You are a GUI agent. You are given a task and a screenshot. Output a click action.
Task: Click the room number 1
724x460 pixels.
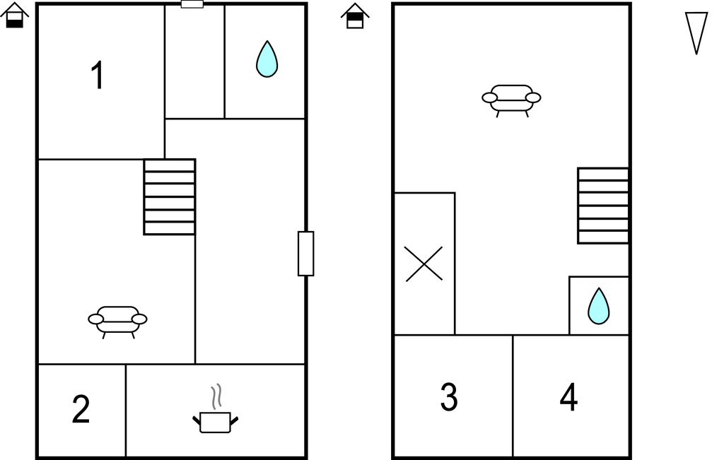click(98, 75)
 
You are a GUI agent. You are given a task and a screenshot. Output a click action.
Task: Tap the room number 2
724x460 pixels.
click(81, 409)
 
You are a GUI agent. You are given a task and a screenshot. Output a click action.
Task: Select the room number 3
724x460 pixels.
click(449, 397)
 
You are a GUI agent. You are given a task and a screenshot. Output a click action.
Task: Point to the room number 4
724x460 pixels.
click(568, 397)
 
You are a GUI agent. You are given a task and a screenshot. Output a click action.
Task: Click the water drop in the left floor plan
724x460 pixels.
click(267, 59)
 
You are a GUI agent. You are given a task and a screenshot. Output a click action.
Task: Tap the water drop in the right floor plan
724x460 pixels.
click(598, 306)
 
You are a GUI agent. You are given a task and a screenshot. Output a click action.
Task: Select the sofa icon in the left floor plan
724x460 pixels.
click(118, 322)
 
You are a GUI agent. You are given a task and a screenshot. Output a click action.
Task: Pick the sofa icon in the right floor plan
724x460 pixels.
click(511, 100)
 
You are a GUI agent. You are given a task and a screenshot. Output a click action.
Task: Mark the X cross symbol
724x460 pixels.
click(424, 264)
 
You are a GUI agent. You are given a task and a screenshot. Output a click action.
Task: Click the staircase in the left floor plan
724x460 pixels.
click(170, 197)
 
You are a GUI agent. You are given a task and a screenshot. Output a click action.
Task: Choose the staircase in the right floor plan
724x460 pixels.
click(603, 206)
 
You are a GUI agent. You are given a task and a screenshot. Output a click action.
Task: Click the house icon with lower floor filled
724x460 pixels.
click(14, 16)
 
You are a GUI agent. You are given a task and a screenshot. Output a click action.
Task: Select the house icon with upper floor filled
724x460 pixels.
click(355, 16)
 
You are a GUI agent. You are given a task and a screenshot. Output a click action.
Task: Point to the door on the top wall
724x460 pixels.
click(192, 4)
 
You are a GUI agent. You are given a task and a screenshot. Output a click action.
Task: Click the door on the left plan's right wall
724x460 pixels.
click(305, 254)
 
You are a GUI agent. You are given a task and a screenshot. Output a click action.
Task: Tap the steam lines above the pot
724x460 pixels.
click(216, 397)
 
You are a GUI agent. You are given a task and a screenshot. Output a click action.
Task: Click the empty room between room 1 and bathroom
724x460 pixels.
click(194, 61)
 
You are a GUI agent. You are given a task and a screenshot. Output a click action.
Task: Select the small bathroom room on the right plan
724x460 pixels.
click(599, 305)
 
